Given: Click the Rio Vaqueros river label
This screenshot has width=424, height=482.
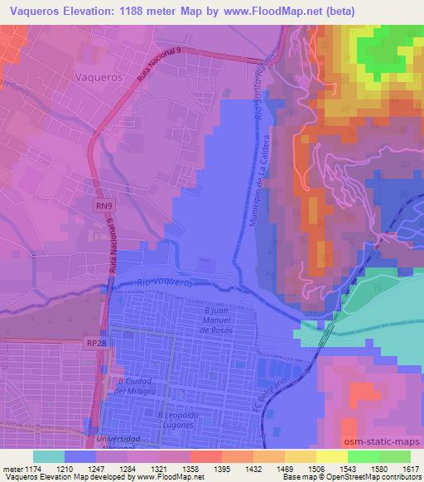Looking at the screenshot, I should pyautogui.click(x=168, y=282).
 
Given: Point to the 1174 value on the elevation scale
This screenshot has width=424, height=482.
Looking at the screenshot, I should pyautogui.click(x=31, y=469).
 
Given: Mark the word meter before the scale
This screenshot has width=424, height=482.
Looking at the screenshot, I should pyautogui.click(x=11, y=469).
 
